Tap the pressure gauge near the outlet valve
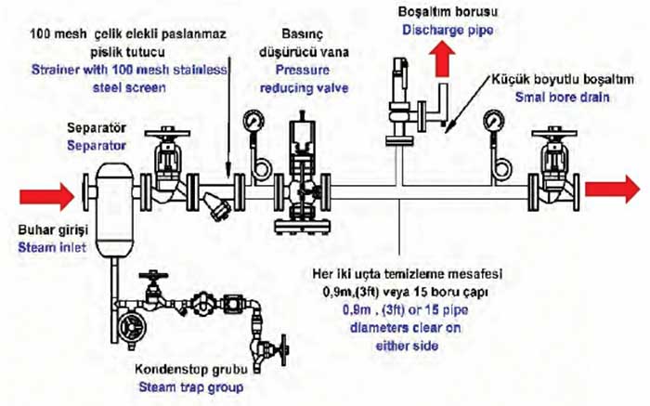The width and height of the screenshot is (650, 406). [492, 124]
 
